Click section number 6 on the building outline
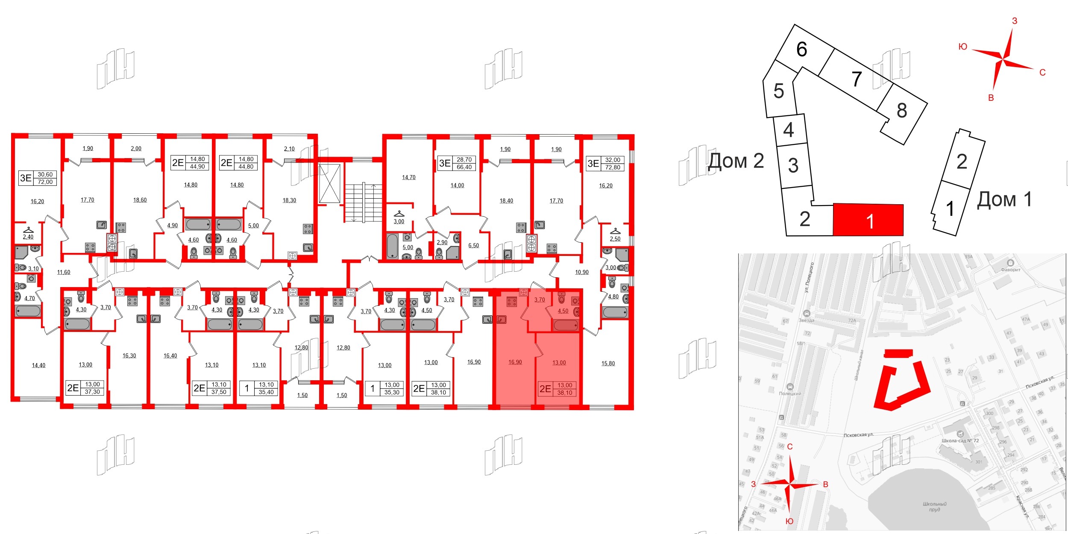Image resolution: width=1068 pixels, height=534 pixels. pos(801,50)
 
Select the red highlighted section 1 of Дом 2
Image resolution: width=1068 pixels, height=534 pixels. pos(868,220)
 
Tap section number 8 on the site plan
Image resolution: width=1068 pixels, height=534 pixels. pos(901,111)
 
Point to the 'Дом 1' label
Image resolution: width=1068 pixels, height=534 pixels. pos(1004,200)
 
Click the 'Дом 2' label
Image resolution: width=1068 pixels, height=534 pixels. pos(736,161)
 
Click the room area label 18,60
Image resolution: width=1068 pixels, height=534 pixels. pos(140,200)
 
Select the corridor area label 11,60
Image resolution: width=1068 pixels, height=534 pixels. pos(64,272)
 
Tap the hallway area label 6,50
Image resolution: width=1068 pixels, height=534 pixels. pos(473,246)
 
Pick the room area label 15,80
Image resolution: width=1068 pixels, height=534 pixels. pos(608,364)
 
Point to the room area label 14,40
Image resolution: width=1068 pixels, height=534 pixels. pos(38,365)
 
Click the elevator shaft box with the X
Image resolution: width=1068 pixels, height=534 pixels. pos(330,183)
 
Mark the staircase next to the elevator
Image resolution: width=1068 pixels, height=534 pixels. pos(363,203)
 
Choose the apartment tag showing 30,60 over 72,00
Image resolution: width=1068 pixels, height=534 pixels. pos(38,178)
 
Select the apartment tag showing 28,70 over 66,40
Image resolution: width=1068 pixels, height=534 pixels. pos(456,163)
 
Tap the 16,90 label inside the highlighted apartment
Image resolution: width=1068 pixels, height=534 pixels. pos(515,362)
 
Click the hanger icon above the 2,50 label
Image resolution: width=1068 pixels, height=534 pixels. pos(615,231)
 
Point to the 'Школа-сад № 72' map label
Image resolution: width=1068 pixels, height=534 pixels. pos(960,440)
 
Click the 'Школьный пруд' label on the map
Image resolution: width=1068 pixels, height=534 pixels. pos(934,507)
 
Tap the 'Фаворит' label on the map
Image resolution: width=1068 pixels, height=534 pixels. pos(1010,270)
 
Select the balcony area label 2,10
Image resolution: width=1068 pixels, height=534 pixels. pos(289,149)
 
